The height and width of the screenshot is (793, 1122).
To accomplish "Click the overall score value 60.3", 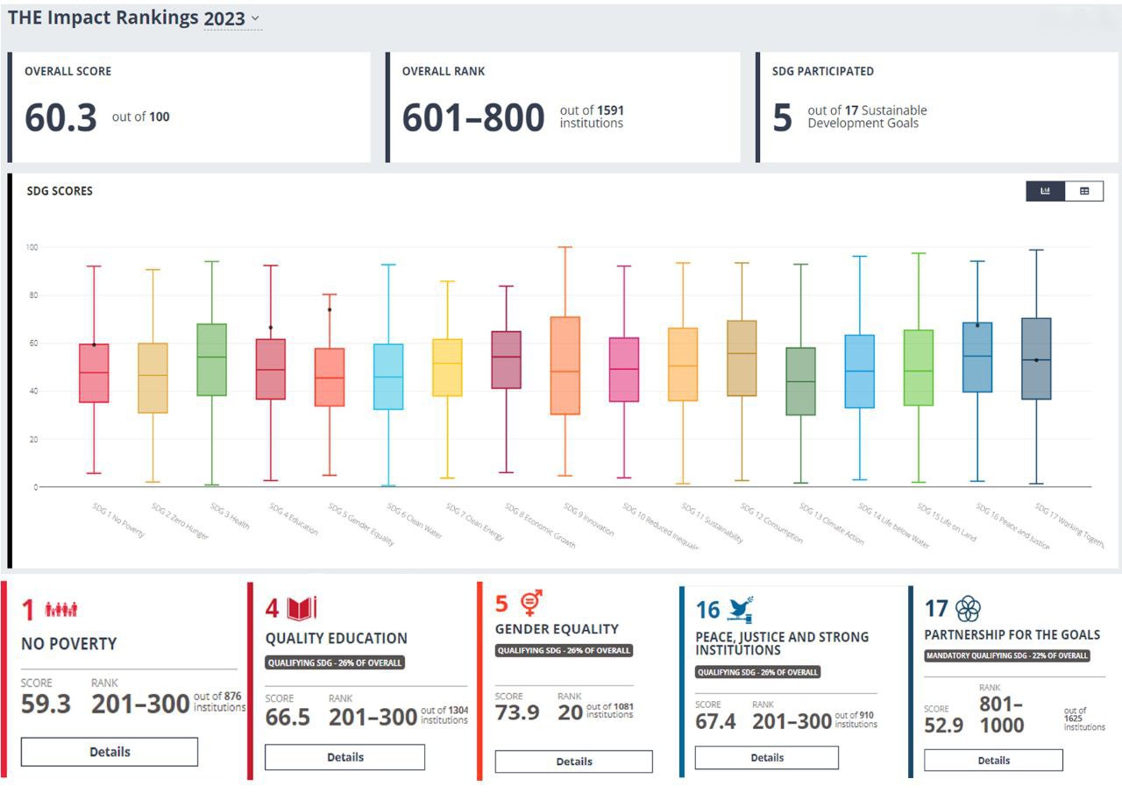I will [x=60, y=117].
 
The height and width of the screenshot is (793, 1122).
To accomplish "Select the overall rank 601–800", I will [x=472, y=117].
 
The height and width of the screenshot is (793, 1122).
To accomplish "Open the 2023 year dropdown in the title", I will [x=231, y=18].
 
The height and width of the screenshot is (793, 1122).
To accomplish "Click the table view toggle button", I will [x=1084, y=191].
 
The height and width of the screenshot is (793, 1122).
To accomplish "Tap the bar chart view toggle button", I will [x=1046, y=191].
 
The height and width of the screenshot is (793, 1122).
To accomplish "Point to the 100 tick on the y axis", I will [x=32, y=247].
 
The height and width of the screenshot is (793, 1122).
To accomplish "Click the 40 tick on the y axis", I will [x=33, y=391].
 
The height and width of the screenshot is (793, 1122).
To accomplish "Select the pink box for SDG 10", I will [x=623, y=369].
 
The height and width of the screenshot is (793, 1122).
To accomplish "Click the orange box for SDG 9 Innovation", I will [x=565, y=365].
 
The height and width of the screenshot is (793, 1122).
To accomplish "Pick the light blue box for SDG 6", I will [x=388, y=376].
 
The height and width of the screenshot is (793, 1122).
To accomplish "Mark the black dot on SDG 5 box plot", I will [x=330, y=309].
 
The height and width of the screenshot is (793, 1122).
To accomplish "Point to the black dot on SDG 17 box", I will [x=1036, y=360].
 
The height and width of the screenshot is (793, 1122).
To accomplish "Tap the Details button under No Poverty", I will [x=110, y=752].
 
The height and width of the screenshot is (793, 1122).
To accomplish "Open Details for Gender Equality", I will [x=573, y=761].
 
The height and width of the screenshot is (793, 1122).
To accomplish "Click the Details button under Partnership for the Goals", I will [x=993, y=761].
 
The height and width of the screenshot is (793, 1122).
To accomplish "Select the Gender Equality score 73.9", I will [x=517, y=712].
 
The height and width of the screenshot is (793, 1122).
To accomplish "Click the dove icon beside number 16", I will [x=741, y=608].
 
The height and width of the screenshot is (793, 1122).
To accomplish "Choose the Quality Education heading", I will [x=337, y=638].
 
